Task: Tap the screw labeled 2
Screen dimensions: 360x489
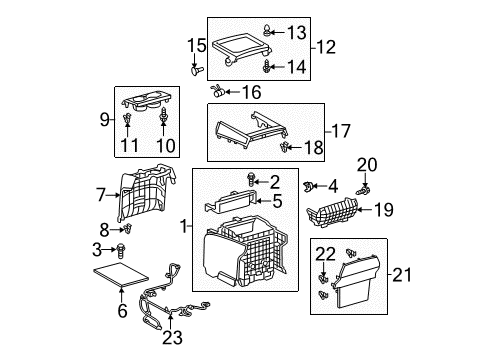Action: pos(249,180)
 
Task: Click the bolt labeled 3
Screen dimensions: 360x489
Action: pos(121,249)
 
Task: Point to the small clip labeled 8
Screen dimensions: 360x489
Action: pos(125,229)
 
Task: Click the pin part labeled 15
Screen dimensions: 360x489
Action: pos(196,70)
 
